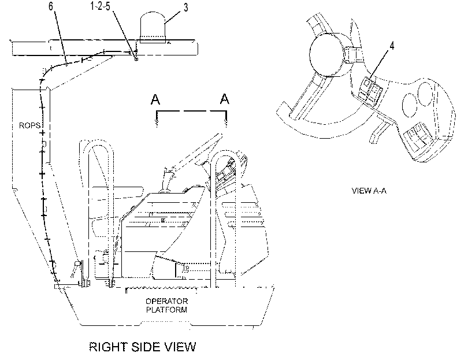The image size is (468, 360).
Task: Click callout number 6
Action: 51,6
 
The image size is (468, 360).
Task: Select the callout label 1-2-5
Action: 100,6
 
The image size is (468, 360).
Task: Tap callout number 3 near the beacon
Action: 185,8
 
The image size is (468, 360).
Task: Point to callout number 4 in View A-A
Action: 392,46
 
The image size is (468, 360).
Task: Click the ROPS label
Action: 29,125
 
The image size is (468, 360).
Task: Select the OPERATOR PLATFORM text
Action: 166,305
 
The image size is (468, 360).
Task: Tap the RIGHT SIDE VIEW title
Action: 143,347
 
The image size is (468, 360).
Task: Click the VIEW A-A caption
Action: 369,191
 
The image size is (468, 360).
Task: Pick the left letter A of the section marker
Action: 155,99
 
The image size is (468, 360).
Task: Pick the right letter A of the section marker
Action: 224,99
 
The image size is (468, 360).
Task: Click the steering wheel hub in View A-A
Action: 330,55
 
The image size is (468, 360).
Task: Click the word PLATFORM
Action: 166,310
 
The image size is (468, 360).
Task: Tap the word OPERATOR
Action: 166,301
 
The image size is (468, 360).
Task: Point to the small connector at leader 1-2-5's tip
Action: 136,59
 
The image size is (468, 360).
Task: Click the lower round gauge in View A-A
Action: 410,105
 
